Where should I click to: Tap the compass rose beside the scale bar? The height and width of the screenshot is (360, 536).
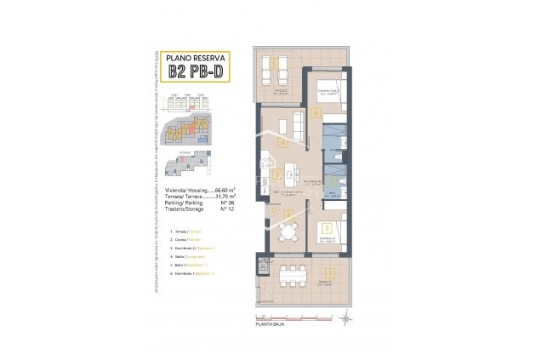point(345,319)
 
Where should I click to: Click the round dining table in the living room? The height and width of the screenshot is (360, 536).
point(287,232)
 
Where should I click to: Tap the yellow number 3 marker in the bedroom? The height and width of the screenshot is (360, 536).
point(326,228)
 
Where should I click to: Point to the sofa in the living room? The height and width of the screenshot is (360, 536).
point(298,126)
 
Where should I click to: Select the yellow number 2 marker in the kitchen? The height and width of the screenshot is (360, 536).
point(278,175)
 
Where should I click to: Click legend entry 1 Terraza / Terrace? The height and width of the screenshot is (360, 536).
point(186,231)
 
